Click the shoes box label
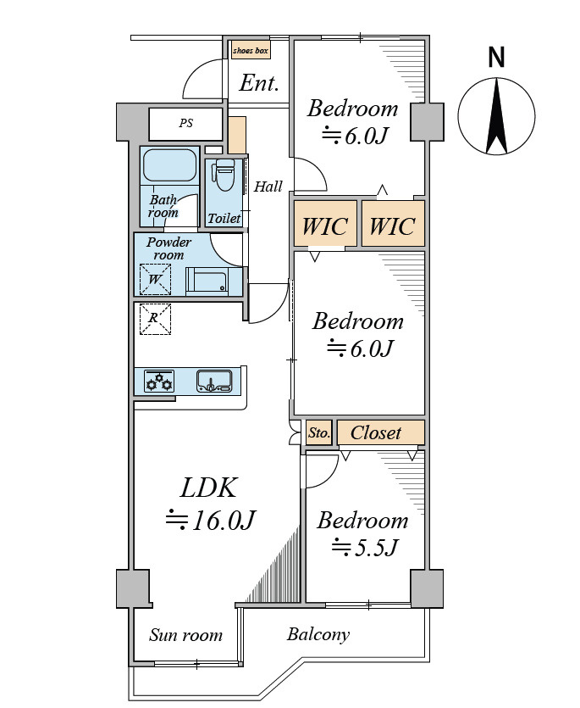[251, 51]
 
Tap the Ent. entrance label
[258, 83]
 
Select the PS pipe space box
[185, 123]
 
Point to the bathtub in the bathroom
[169, 165]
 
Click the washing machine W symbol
[155, 280]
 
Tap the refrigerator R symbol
[155, 319]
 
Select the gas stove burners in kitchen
[158, 381]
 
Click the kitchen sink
[215, 381]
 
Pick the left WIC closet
[325, 224]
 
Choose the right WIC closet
[393, 224]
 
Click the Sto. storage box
[319, 432]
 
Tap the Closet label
[376, 433]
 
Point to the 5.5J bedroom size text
[365, 548]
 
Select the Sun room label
[185, 635]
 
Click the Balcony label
[318, 635]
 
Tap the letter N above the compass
[496, 58]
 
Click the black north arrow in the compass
[496, 116]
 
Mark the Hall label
[268, 186]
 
